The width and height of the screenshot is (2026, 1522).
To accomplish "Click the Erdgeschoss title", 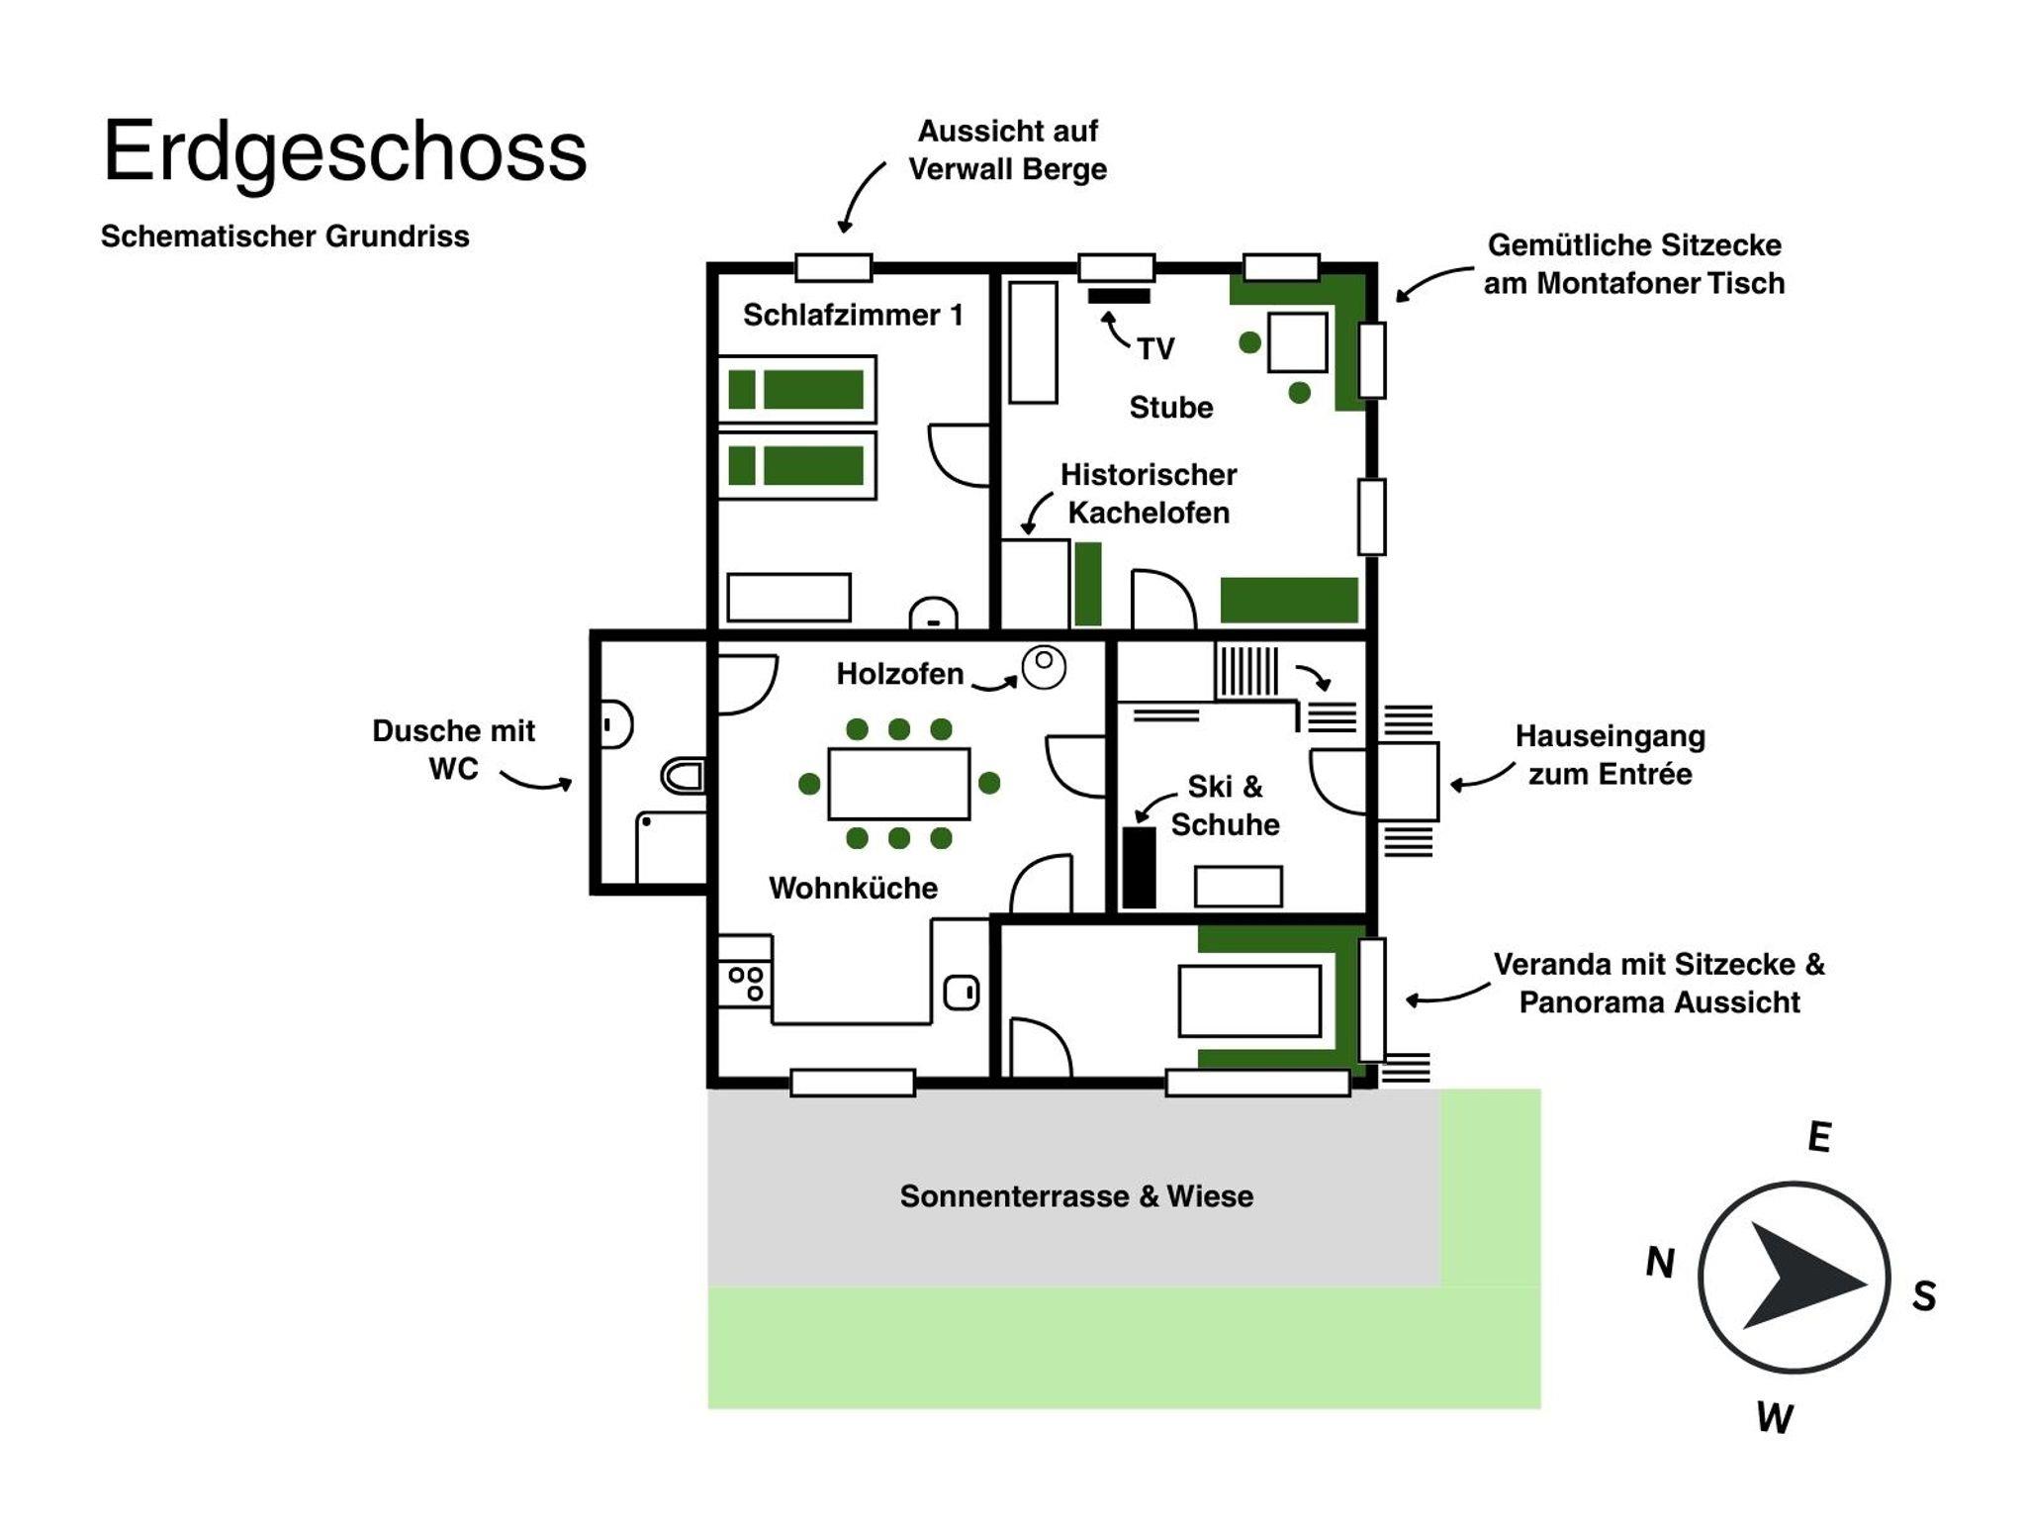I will coord(344,151).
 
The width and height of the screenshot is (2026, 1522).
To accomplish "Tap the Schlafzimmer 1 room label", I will coord(852,315).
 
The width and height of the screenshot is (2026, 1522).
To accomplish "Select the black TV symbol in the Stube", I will coord(1118,295).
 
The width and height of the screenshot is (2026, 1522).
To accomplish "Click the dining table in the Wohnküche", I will coord(898,783).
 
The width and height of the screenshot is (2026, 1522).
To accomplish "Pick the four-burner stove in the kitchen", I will coord(745,983).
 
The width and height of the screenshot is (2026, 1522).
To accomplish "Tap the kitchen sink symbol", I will coord(961,992).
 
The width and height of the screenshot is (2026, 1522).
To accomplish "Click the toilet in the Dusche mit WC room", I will coord(684,776).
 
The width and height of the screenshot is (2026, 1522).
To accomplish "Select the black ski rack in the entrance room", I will coord(1139,867).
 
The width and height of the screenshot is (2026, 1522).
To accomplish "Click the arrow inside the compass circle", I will coord(1796,1276).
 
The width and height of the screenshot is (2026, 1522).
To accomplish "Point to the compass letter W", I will coord(1774,1418).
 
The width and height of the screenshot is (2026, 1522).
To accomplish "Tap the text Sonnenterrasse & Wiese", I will coord(1075,1195).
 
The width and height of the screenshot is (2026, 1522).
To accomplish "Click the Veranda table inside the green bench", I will coord(1248,1000).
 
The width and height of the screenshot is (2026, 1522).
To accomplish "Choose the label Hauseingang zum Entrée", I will coord(1610,755).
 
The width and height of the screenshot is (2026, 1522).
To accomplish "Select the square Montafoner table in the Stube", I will coord(1297,341).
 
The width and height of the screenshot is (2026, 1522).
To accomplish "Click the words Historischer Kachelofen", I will coord(1148,493).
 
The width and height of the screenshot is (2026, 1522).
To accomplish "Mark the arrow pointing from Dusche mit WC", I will coord(535,781).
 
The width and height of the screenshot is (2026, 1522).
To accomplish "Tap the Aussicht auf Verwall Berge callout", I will coord(1007,149).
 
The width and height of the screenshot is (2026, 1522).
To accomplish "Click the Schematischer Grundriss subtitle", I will coord(285,237).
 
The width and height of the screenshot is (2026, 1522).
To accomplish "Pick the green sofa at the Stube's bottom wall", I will coord(1288,600).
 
